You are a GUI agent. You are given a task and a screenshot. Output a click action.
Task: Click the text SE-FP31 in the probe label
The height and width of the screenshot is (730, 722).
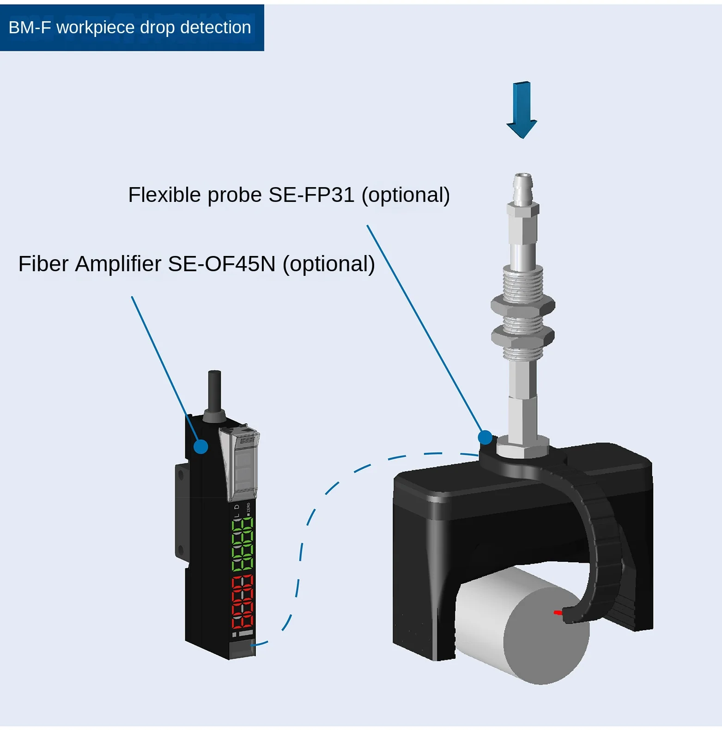(x=311, y=195)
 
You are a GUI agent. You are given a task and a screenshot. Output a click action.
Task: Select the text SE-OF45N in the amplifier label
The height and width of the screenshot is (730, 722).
(x=221, y=264)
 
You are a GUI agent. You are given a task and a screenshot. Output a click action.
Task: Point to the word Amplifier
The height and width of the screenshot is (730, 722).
(x=118, y=264)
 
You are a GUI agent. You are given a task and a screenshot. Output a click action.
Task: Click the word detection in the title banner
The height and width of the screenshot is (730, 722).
(x=215, y=28)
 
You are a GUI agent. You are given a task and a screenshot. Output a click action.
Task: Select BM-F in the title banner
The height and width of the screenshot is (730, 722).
(x=30, y=28)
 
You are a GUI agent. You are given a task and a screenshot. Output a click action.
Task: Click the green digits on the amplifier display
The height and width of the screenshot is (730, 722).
(x=243, y=544)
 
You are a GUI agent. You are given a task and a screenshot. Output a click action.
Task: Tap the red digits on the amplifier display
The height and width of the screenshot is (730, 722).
(x=243, y=602)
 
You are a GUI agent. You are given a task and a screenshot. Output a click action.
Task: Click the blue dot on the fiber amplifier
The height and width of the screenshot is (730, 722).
(x=201, y=446)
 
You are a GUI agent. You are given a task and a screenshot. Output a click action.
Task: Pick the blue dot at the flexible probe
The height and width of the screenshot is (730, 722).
(x=485, y=437)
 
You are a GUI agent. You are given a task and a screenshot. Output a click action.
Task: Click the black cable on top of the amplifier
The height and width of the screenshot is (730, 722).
(x=214, y=390)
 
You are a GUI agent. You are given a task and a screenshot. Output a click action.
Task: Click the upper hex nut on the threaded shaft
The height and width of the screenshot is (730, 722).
(x=522, y=305)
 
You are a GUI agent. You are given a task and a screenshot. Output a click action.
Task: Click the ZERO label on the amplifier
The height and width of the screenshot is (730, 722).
(x=249, y=508)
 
